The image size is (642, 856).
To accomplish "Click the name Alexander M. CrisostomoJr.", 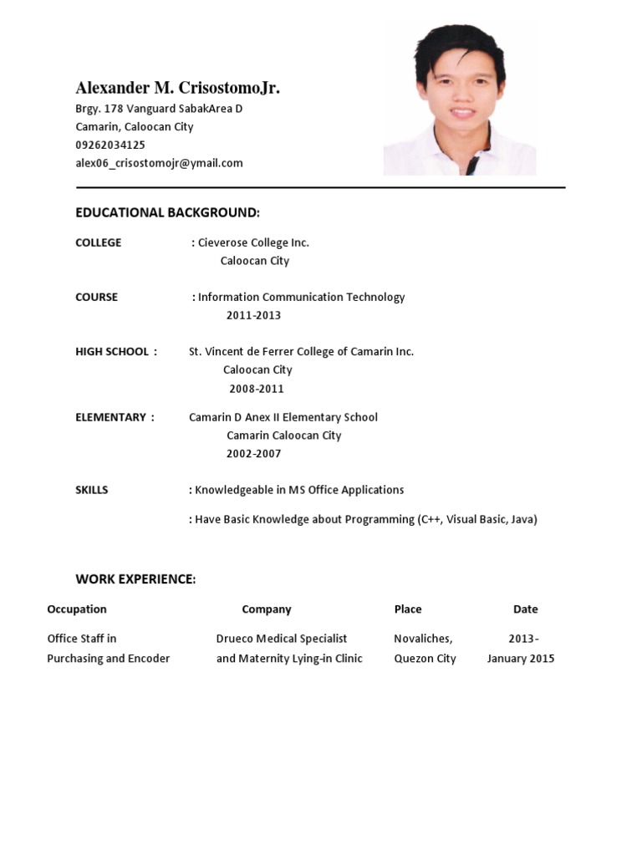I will coord(177,88).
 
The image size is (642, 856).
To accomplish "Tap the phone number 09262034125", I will coord(110,145).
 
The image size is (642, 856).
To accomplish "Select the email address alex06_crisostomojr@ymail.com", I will coord(159,163).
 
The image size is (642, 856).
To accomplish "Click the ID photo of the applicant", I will coord(459,99).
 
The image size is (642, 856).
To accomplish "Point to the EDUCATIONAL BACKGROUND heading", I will coord(167,212).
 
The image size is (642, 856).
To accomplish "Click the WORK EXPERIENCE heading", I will coord(135,578).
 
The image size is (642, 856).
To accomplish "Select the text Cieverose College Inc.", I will coord(253,242).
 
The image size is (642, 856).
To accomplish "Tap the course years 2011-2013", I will coord(253,315).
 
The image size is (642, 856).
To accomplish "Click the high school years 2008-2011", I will coord(257,389).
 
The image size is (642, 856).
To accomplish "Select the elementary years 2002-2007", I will coord(253,454).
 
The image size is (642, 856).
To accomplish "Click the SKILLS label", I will coord(92,490).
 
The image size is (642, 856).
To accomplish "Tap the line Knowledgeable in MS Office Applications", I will coord(299,490).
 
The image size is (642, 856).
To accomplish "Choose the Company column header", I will coord(267,609).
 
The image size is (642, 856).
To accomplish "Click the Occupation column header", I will coord(77,609).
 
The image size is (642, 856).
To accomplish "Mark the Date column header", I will coord(526,609).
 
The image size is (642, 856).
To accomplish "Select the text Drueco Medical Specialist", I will coord(282,639).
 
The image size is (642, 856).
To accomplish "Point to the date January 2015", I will coord(521,659).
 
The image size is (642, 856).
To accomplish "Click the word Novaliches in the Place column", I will coord(423,639).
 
